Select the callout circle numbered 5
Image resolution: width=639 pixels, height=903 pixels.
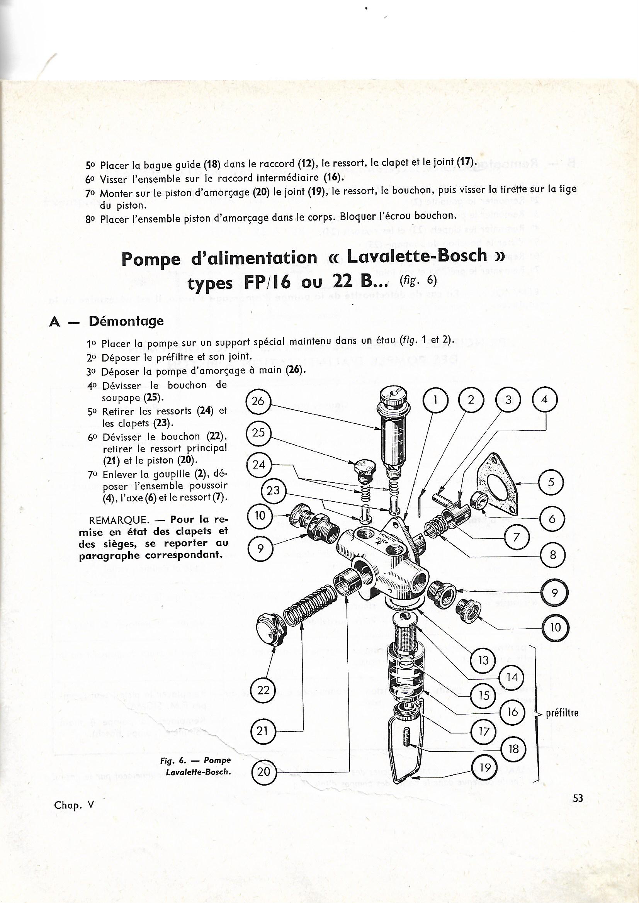coord(551,482)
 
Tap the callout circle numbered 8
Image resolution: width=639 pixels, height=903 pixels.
coord(552,555)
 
